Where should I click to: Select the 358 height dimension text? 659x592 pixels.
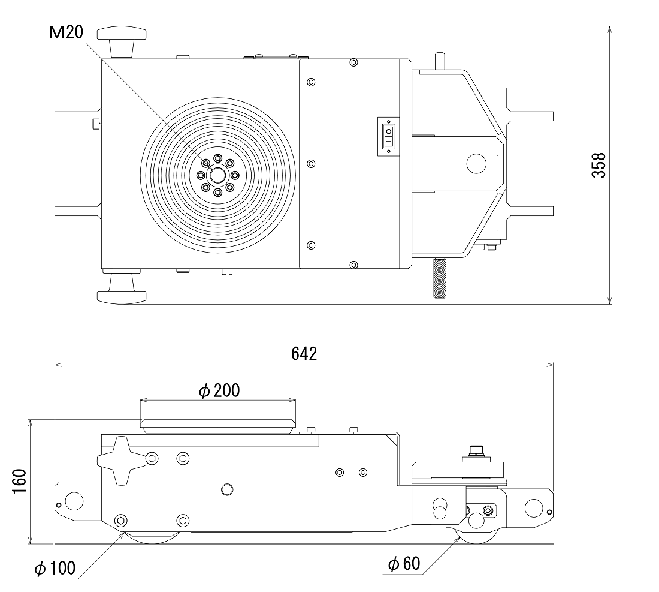(598, 165)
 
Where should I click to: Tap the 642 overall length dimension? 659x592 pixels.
(304, 353)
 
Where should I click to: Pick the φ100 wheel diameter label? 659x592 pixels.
(55, 568)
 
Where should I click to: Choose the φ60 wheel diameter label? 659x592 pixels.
(404, 564)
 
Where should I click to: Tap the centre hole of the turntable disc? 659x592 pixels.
(217, 175)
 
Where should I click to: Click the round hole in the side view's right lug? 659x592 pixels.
(532, 507)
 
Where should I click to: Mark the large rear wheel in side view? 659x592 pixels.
(152, 537)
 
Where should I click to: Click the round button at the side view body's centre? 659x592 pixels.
(226, 489)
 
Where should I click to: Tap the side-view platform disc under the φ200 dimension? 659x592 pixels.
(217, 425)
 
